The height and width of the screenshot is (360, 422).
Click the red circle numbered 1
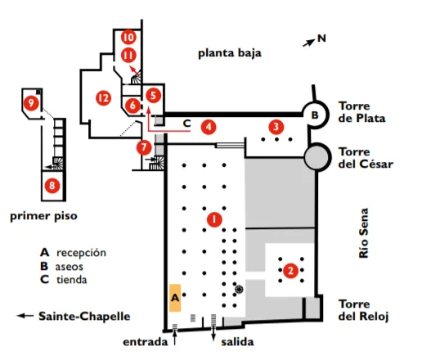coord(214,219)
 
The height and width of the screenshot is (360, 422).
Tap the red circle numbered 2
coord(290,270)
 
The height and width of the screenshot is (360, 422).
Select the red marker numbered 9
coord(31,103)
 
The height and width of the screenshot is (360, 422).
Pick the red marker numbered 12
coord(104,98)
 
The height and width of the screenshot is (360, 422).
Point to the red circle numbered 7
coord(144,147)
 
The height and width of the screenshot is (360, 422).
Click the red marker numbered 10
coord(128,37)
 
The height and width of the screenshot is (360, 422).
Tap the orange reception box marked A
coord(175,298)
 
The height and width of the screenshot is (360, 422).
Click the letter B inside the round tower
coord(315,115)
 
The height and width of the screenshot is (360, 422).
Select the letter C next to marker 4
coord(186,124)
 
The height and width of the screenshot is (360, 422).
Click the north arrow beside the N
coord(308,43)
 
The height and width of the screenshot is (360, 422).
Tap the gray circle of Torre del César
coord(316,157)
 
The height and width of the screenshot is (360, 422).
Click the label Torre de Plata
coord(361,112)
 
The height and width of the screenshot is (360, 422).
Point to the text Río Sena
coord(364,233)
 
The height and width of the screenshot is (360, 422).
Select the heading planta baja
coord(230,53)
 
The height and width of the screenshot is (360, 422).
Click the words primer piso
coord(43,216)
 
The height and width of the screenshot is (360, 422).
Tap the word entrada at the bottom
coord(146,342)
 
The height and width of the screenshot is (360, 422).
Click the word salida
coord(237,342)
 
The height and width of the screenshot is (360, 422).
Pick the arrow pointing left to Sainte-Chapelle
coord(25,316)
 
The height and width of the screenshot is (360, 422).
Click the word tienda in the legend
coord(72,280)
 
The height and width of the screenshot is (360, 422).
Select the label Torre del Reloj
coord(363,310)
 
